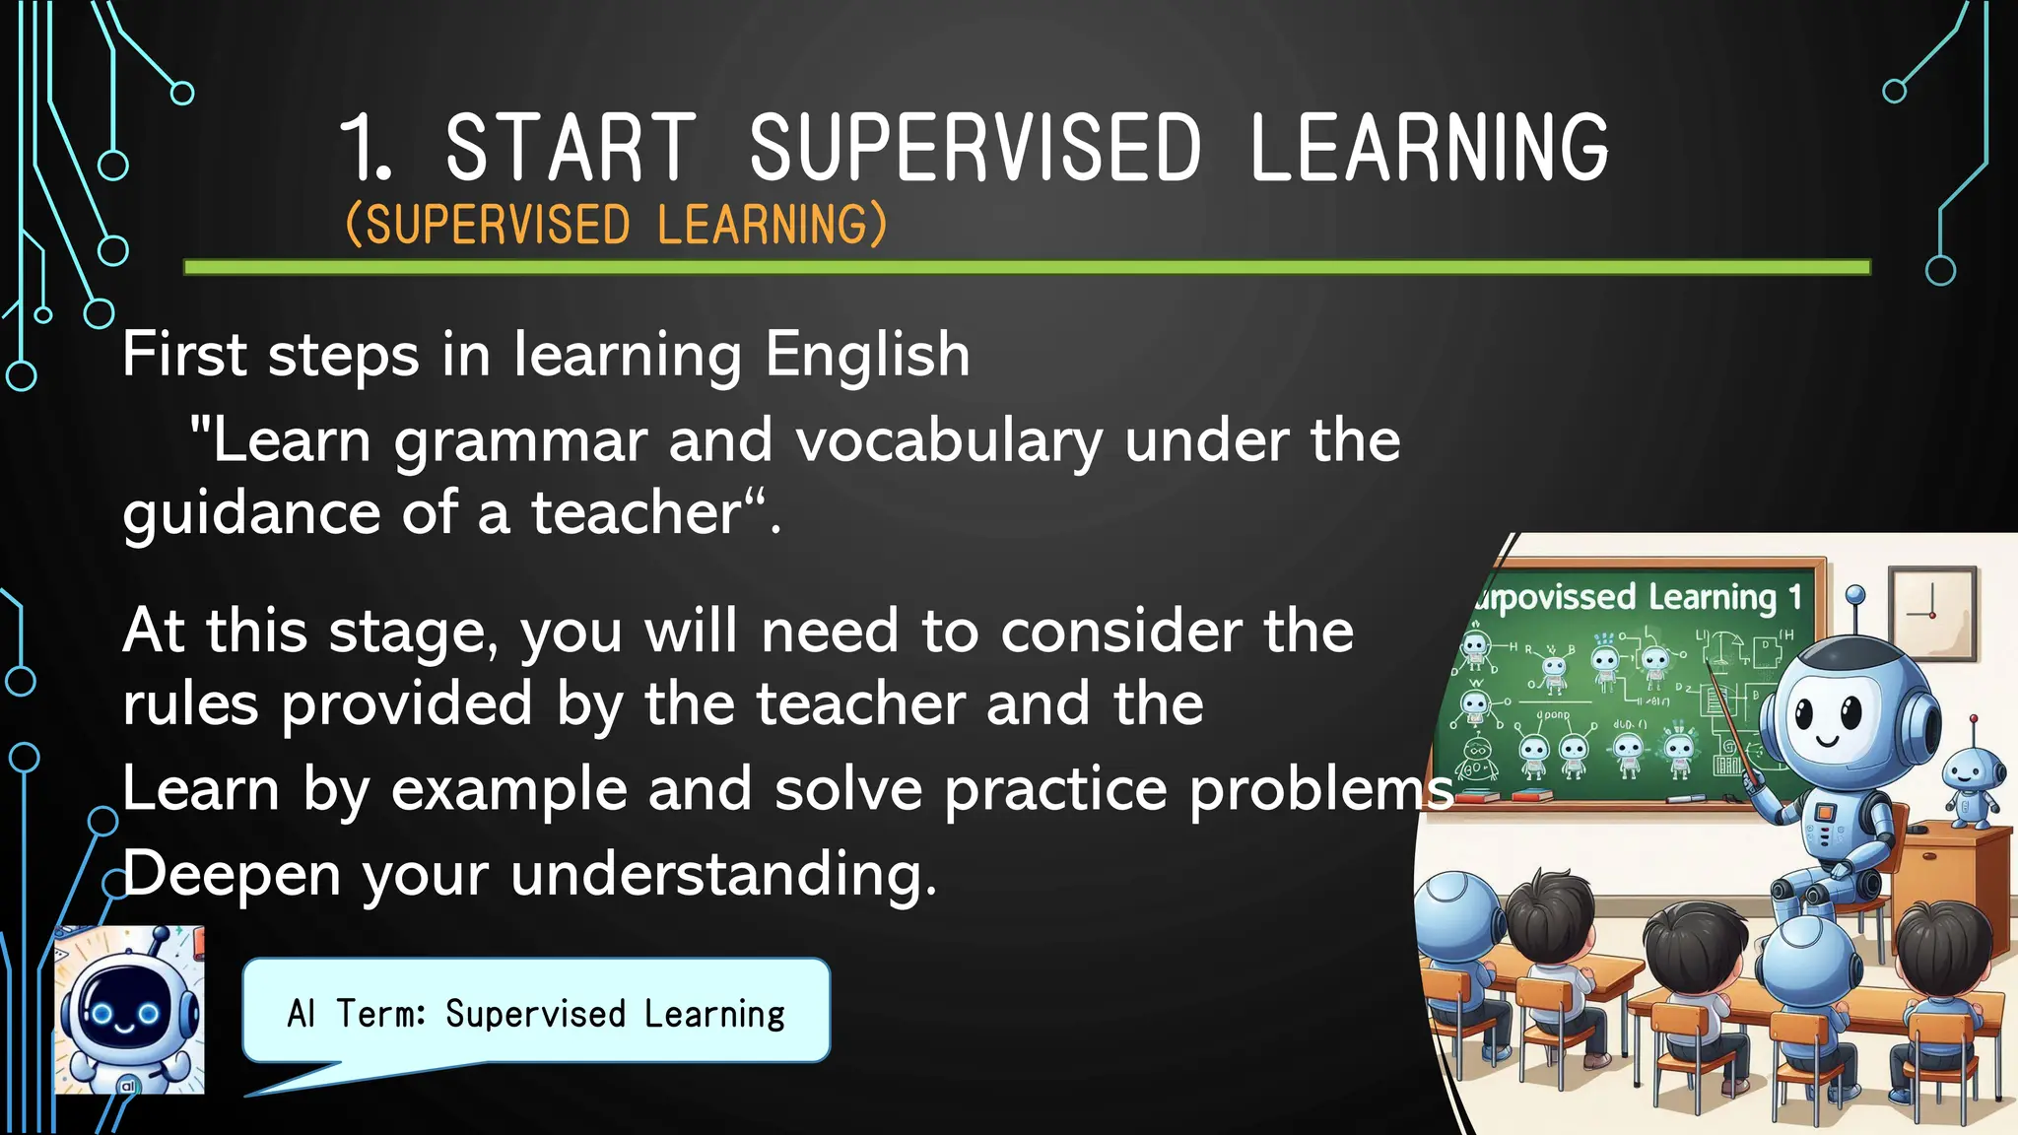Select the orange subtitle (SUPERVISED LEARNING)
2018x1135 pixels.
pyautogui.click(x=617, y=225)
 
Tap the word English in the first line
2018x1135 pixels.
pyautogui.click(x=867, y=355)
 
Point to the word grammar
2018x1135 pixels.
pyautogui.click(x=520, y=441)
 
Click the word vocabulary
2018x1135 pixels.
pyautogui.click(x=948, y=441)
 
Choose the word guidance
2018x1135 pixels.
pyautogui.click(x=250, y=514)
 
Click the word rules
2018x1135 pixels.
pyautogui.click(x=190, y=704)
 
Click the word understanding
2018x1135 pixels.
pyautogui.click(x=723, y=875)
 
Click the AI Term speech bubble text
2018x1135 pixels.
pyautogui.click(x=536, y=1013)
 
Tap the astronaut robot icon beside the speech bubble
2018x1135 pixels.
pyautogui.click(x=129, y=1011)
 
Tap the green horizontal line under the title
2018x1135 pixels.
pyautogui.click(x=1025, y=267)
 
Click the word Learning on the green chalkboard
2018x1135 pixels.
pyautogui.click(x=1713, y=597)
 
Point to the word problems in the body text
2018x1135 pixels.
pyautogui.click(x=1320, y=790)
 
